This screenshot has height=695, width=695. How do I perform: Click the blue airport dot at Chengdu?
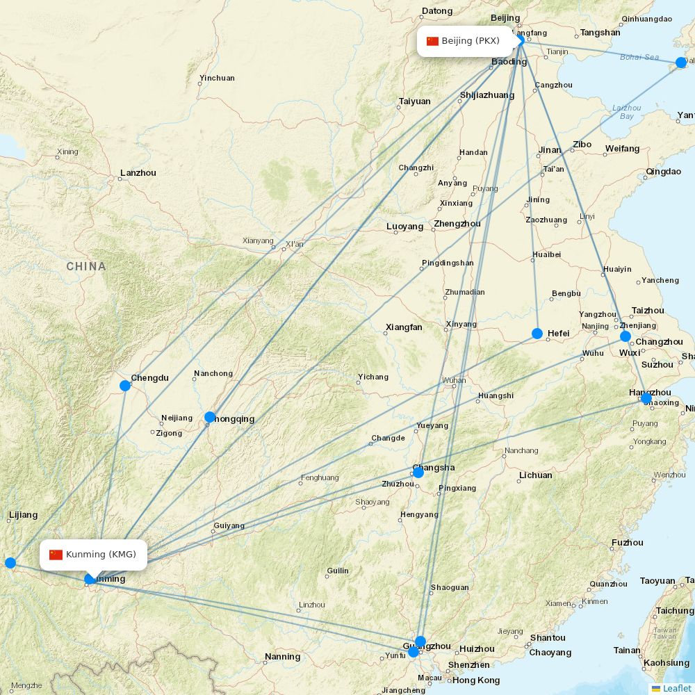coord(125,386)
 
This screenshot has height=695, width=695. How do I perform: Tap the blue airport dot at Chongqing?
coord(210,417)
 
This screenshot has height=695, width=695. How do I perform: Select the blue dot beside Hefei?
coord(537,334)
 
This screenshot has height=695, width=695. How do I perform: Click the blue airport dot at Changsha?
coord(418,473)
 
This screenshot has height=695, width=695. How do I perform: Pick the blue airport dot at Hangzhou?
coord(646,398)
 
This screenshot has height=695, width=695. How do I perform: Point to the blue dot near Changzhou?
coord(625,336)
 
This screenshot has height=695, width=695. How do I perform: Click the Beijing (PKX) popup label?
coord(464,41)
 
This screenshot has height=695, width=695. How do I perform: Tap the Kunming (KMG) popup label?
coord(93,555)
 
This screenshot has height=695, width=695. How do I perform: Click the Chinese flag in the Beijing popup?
coord(433,41)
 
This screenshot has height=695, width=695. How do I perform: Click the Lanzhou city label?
coord(138,173)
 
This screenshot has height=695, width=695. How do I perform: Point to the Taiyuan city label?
coord(414,101)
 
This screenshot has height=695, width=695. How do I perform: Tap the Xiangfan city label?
coord(404,327)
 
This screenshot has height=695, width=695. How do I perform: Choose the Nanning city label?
coord(282,657)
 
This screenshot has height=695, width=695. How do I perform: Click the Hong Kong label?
coord(476,680)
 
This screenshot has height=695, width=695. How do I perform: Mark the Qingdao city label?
coord(664,172)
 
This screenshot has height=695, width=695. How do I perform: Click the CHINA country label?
coord(86,266)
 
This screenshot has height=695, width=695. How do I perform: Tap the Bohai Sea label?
coord(639,57)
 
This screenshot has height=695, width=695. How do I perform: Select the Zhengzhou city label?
coord(457,224)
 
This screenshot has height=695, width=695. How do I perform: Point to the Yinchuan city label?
coord(217,78)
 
